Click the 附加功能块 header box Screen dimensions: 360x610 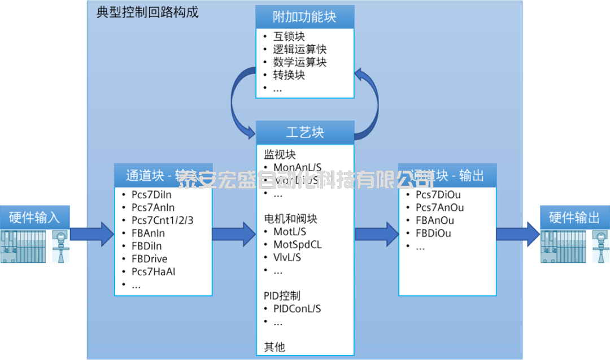pyautogui.click(x=305, y=16)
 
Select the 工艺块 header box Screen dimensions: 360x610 pyautogui.click(x=305, y=132)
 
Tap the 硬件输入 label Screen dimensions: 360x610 pyautogui.click(x=34, y=217)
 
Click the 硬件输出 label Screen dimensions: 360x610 pyautogui.click(x=574, y=218)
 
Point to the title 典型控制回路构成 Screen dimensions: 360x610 pyautogui.click(x=147, y=12)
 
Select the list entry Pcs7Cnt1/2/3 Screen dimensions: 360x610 pyautogui.click(x=162, y=220)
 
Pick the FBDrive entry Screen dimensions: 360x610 pyautogui.click(x=150, y=259)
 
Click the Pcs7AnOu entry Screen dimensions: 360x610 pyautogui.click(x=439, y=207)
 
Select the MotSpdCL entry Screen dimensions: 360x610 pyautogui.click(x=298, y=245)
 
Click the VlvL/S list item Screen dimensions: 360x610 pyautogui.click(x=287, y=258)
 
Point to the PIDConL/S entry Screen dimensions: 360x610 pyautogui.click(x=297, y=309)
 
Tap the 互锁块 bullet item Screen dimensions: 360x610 pyautogui.click(x=289, y=37)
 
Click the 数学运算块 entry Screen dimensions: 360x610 pyautogui.click(x=300, y=63)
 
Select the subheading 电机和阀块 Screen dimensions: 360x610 pyautogui.click(x=290, y=218)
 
